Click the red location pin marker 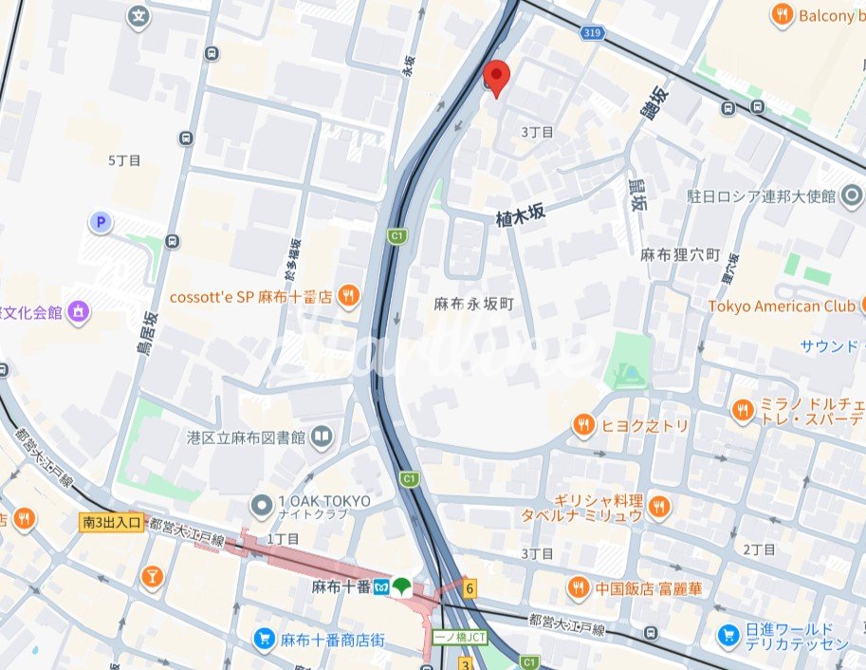pyautogui.click(x=495, y=77)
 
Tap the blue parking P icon pyautogui.click(x=100, y=223)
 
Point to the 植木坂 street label pyautogui.click(x=521, y=215)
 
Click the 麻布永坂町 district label pyautogui.click(x=473, y=304)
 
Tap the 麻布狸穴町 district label pyautogui.click(x=680, y=255)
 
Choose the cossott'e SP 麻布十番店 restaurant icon pyautogui.click(x=350, y=296)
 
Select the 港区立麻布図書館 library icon pyautogui.click(x=323, y=437)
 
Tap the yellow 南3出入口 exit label pyautogui.click(x=111, y=522)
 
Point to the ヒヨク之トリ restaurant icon pyautogui.click(x=583, y=425)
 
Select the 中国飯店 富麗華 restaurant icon pyautogui.click(x=578, y=588)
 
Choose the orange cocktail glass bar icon pyautogui.click(x=151, y=577)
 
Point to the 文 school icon pyautogui.click(x=139, y=16)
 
